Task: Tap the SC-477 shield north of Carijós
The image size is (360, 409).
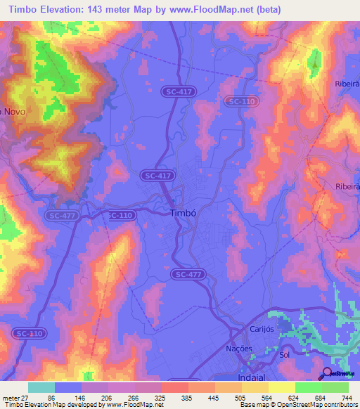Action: pos(188,274)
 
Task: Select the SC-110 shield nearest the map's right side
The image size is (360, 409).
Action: pos(241,102)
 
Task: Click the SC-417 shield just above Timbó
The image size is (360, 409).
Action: pos(157,175)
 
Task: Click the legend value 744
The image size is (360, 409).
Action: pos(346,397)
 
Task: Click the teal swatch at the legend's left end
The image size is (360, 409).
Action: pos(41,387)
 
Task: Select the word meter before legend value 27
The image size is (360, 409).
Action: pos(12,397)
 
